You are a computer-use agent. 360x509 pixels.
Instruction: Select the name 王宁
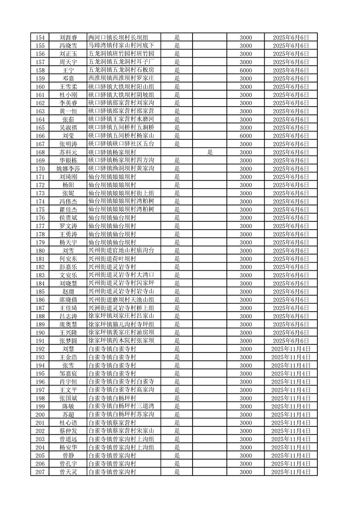point(68,70)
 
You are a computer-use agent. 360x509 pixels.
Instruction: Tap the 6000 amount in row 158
point(246,70)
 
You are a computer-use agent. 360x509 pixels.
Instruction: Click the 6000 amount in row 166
point(246,136)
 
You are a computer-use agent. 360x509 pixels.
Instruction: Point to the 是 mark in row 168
point(210,152)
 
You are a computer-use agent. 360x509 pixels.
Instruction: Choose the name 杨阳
point(68,185)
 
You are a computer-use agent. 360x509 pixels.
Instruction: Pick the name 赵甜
point(68,292)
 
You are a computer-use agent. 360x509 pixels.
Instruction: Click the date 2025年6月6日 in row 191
point(291,341)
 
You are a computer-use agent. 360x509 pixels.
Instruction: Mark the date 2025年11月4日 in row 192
point(291,349)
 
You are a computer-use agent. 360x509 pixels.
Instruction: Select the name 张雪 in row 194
point(68,365)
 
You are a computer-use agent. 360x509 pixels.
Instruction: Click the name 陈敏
point(68,406)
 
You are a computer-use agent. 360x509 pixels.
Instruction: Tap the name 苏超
point(68,415)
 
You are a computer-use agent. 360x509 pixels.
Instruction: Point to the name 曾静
point(68,455)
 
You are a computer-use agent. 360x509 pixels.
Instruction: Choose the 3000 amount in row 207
point(246,472)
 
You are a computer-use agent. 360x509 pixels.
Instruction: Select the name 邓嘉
point(68,78)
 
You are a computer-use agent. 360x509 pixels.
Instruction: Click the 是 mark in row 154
point(178,37)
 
